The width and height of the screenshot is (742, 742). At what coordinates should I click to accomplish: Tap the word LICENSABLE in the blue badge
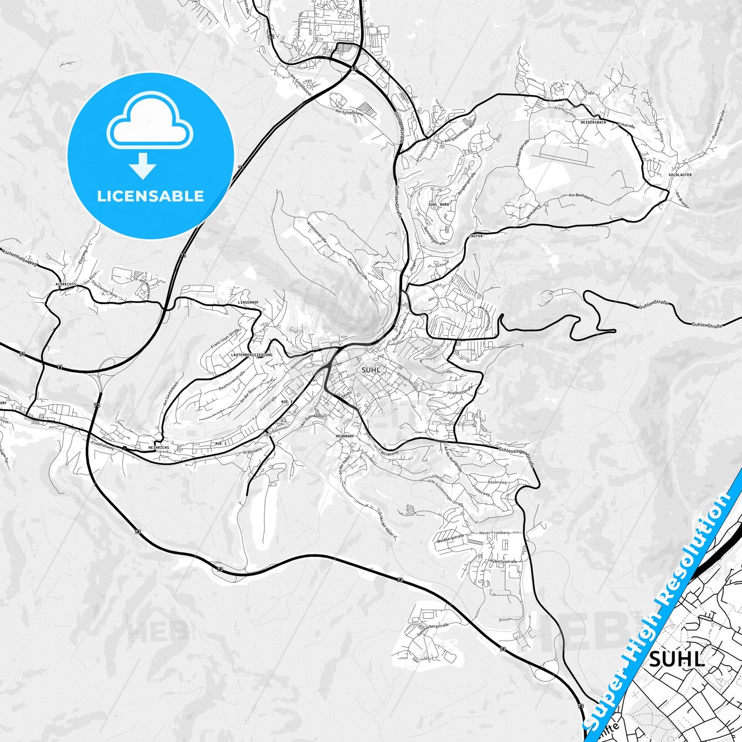pyautogui.click(x=150, y=196)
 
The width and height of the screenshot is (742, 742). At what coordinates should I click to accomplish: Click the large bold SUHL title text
pyautogui.click(x=676, y=659)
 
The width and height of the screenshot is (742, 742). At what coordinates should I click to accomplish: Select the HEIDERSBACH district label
pyautogui.click(x=593, y=123)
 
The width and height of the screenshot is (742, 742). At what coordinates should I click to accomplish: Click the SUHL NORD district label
pyautogui.click(x=438, y=204)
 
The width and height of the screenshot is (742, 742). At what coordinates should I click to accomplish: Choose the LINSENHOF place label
pyautogui.click(x=249, y=303)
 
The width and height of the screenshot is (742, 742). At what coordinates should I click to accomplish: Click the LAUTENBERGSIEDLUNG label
pyautogui.click(x=252, y=355)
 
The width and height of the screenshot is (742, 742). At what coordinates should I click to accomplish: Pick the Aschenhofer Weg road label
pyautogui.click(x=19, y=257)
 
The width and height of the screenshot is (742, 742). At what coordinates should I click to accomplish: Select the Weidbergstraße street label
pyautogui.click(x=450, y=538)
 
